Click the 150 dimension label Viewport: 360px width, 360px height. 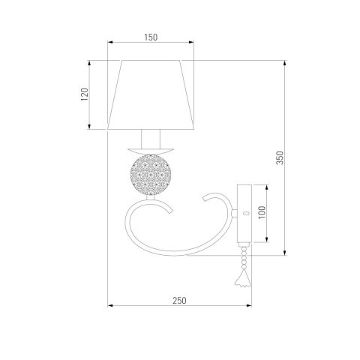(151, 37)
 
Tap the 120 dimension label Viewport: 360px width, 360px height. (85, 94)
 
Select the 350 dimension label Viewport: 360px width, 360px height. (280, 157)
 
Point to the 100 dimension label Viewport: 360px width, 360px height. (262, 212)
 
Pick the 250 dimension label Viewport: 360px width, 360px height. (179, 301)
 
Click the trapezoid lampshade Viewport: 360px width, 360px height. (151, 94)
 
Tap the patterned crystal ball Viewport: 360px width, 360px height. (151, 175)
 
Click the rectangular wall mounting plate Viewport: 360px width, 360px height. (244, 214)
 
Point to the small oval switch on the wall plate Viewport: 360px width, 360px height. (246, 213)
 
